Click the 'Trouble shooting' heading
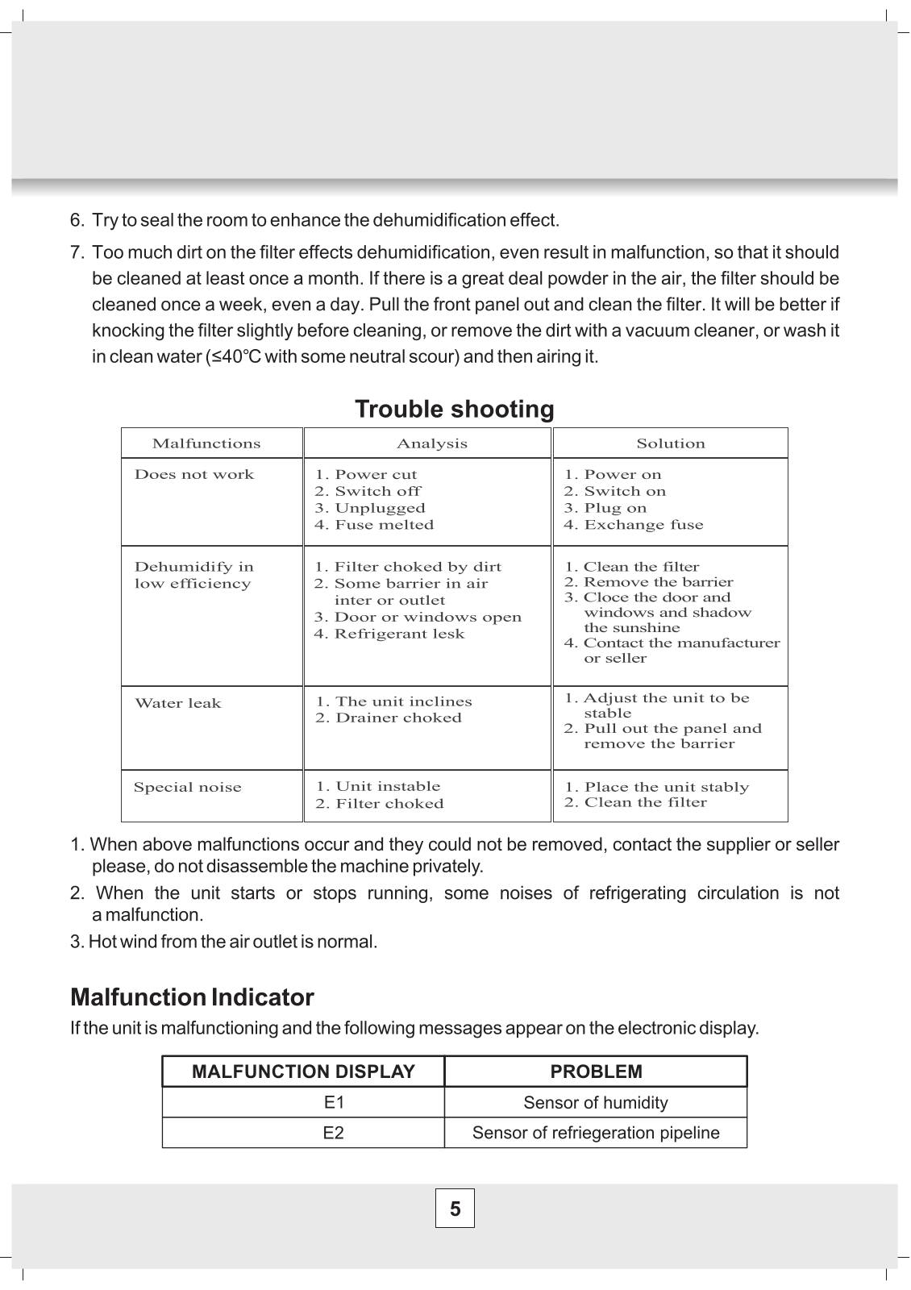455,410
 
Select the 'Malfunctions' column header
206,443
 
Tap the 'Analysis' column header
432,443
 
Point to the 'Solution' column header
671,443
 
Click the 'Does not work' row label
194,475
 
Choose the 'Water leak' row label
177,703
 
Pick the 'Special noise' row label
188,788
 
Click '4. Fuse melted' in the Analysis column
374,525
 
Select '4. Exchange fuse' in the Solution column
634,525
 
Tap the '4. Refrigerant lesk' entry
389,634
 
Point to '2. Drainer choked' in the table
389,718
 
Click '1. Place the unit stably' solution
657,787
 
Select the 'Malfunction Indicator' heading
192,997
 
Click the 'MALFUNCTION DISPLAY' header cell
303,1072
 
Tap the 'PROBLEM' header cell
597,1072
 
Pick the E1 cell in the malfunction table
334,1102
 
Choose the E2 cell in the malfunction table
334,1133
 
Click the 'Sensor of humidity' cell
596,1102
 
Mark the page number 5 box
455,1209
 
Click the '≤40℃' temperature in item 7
234,356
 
